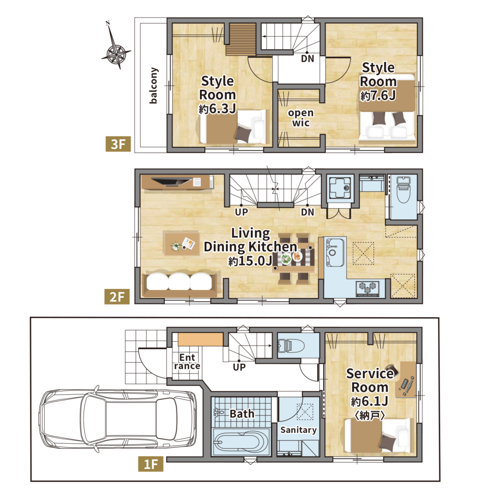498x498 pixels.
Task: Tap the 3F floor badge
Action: (118, 144)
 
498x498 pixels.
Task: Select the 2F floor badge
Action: (117, 297)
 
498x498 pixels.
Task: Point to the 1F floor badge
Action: (151, 464)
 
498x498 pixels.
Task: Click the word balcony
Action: (153, 86)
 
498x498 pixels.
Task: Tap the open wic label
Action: (301, 118)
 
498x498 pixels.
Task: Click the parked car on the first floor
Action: (118, 419)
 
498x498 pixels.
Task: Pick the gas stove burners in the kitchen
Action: (368, 288)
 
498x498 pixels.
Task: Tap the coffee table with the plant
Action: (181, 243)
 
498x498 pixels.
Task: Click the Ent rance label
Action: (187, 362)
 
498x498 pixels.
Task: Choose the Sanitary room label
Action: (299, 430)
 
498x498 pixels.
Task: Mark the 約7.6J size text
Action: (378, 95)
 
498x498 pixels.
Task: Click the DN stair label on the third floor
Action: (307, 58)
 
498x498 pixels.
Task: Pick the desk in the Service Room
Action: (406, 379)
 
